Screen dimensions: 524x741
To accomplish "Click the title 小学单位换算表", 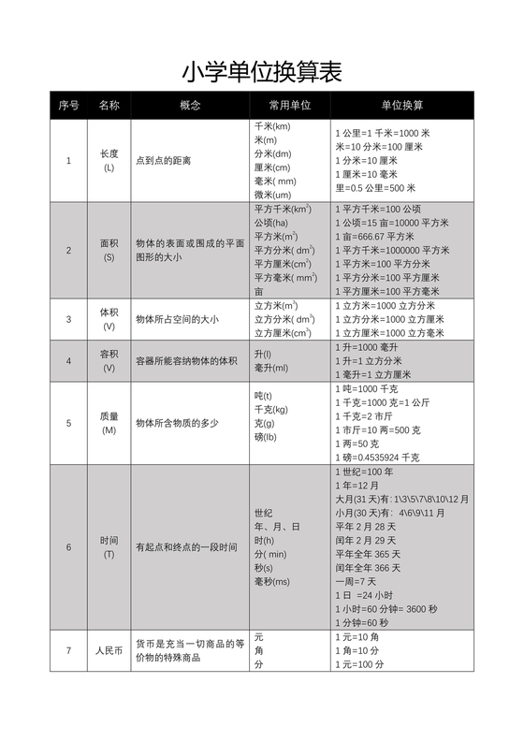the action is (x=261, y=72).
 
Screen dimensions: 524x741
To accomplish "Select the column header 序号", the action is (x=68, y=105).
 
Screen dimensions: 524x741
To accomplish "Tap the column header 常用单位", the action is (x=289, y=105).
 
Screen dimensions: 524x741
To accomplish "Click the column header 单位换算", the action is (x=401, y=105).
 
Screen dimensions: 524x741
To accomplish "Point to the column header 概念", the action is (x=190, y=105).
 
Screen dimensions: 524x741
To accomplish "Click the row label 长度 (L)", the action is (x=109, y=160).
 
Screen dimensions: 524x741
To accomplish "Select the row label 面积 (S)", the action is (x=109, y=250).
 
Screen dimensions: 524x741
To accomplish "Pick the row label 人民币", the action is (x=109, y=650).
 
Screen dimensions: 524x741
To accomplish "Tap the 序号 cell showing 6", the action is (x=68, y=547).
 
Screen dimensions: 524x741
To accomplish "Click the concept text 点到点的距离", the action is (x=164, y=161).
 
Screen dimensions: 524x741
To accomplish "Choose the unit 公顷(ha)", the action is (x=272, y=223).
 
